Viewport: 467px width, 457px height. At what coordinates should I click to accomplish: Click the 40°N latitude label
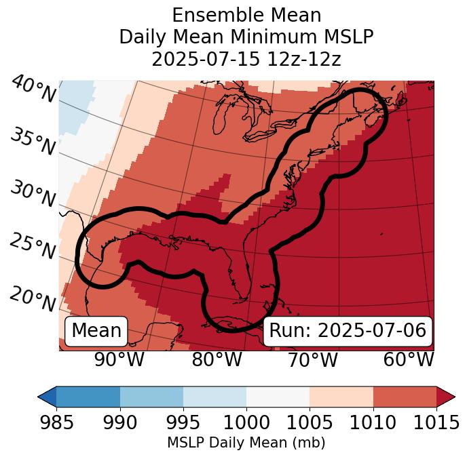pyautogui.click(x=33, y=90)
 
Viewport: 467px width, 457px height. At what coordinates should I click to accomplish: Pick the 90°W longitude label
pyautogui.click(x=119, y=359)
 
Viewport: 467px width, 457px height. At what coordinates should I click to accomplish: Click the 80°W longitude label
pyautogui.click(x=217, y=359)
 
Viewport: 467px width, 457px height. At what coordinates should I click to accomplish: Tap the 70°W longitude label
pyautogui.click(x=314, y=359)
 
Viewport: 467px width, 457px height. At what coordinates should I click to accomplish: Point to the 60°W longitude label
pyautogui.click(x=409, y=359)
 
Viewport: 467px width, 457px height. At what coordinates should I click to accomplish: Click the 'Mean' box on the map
pyautogui.click(x=96, y=331)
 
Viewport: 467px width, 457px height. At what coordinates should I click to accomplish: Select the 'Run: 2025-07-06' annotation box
pyautogui.click(x=348, y=331)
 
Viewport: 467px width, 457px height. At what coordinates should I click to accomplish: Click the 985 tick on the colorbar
pyautogui.click(x=56, y=422)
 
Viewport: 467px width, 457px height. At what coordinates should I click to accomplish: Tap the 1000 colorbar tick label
pyautogui.click(x=246, y=422)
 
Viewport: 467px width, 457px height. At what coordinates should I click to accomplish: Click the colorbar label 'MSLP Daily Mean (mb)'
pyautogui.click(x=246, y=443)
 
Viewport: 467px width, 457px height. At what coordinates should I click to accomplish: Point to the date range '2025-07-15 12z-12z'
pyautogui.click(x=246, y=59)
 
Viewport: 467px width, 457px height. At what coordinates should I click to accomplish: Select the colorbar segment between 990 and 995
pyautogui.click(x=151, y=396)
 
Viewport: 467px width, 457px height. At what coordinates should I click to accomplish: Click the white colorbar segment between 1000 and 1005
pyautogui.click(x=278, y=396)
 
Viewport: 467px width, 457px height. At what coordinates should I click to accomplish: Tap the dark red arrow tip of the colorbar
pyautogui.click(x=447, y=396)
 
